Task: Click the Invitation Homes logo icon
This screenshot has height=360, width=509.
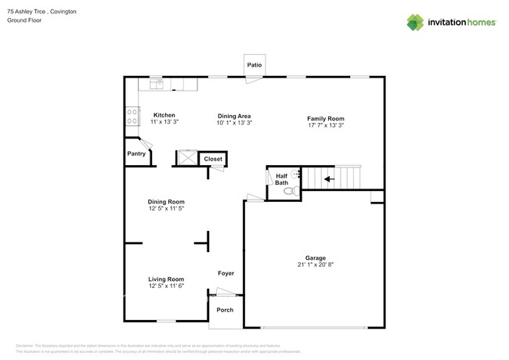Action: [x=415, y=22]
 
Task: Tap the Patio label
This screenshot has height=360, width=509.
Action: [x=254, y=65]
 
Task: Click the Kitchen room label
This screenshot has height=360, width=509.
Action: [x=164, y=115]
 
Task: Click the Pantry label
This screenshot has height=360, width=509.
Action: [x=137, y=153]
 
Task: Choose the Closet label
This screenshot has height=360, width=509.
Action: [x=213, y=159]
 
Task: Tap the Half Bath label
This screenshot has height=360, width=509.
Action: [x=281, y=179]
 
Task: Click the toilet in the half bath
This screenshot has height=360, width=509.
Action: [x=289, y=190]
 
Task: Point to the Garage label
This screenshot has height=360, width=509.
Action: [x=315, y=257]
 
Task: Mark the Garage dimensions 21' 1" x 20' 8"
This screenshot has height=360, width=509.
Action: [x=315, y=265]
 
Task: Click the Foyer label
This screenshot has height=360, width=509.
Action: [x=226, y=273]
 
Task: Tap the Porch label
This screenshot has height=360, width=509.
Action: [x=225, y=310]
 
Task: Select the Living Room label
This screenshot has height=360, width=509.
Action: [x=166, y=279]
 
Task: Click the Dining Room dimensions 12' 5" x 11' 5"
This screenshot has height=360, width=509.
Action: [x=166, y=209]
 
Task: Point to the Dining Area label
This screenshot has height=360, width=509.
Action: [x=233, y=115]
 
